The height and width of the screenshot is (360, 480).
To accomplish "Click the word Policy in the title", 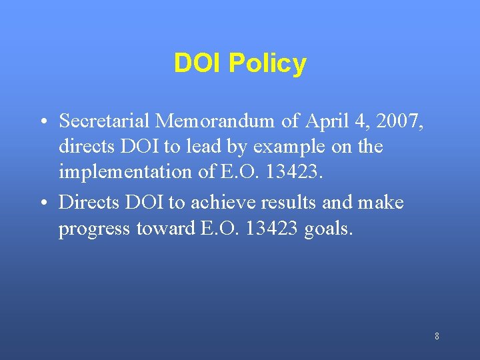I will point(267,64).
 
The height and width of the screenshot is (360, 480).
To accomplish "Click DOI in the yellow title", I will point(198,63).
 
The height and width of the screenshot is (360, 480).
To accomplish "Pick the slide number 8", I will point(437,336).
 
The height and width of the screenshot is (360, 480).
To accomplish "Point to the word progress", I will point(95,229).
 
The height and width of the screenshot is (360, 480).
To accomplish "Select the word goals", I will point(327,229).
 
